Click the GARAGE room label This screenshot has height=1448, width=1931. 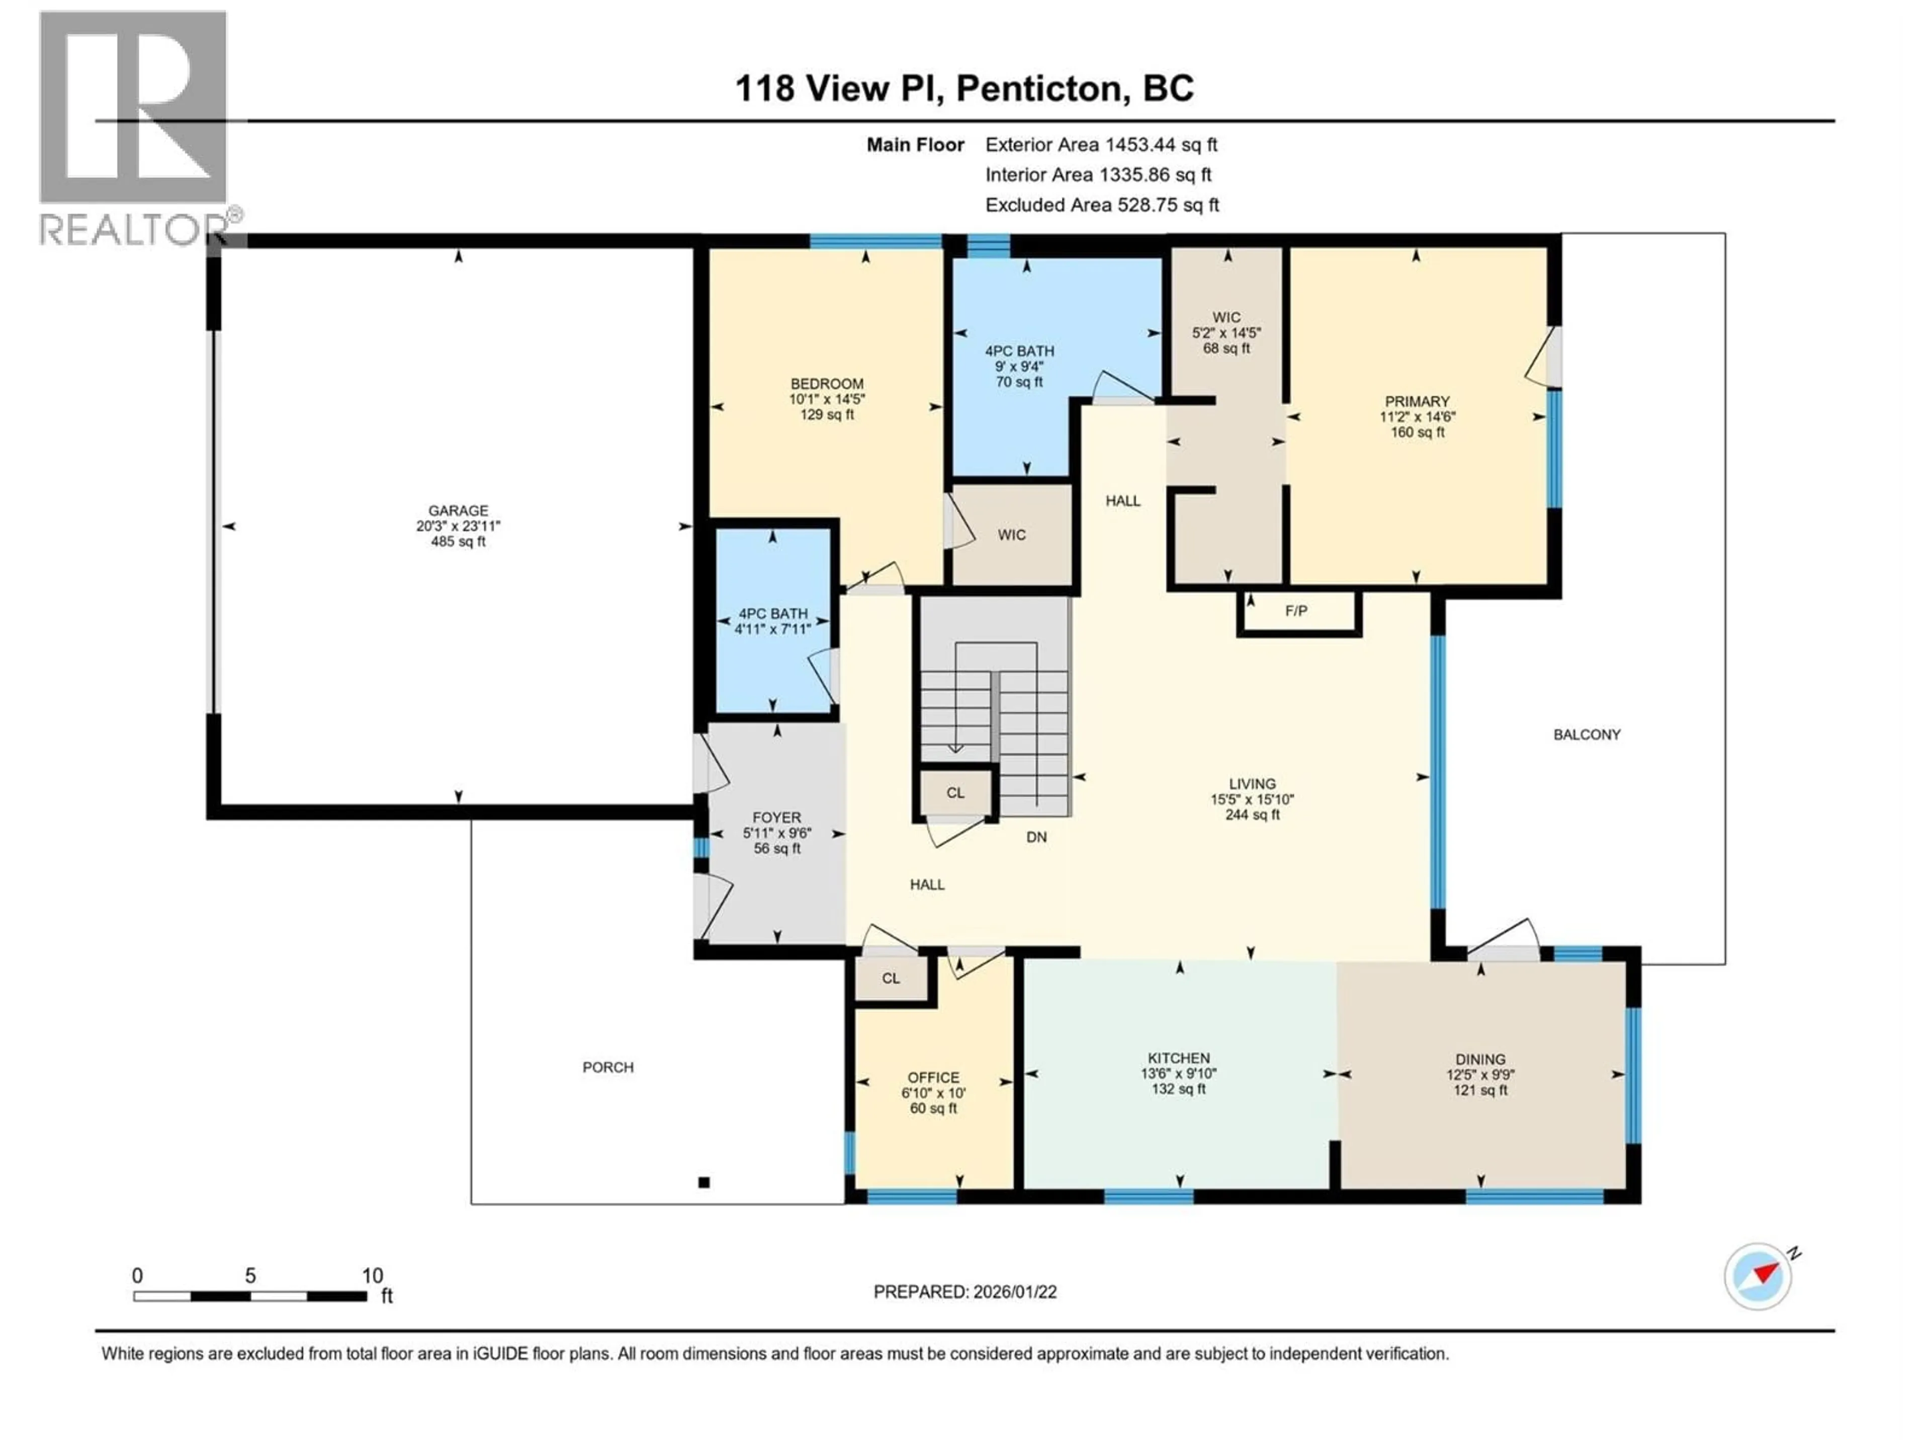(458, 511)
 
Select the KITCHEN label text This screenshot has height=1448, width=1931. (1179, 1058)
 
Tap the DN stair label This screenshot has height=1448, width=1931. (1036, 837)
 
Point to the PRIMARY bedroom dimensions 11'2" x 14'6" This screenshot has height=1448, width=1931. (1417, 417)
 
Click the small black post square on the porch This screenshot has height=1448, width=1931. (704, 1183)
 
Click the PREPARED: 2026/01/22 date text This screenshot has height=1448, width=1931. (964, 1292)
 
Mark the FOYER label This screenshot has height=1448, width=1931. (776, 818)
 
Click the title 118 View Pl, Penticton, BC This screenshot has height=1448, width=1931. (964, 88)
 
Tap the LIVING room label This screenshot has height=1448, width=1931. (1252, 784)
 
